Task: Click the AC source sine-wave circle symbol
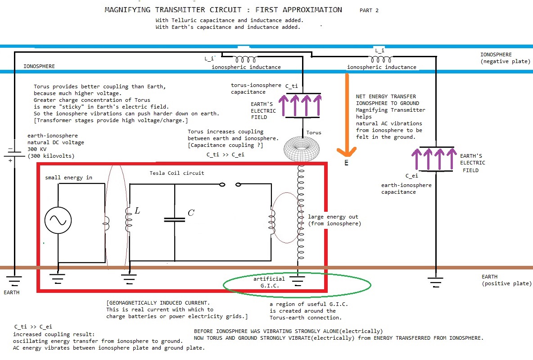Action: point(58,220)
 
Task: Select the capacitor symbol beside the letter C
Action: point(175,220)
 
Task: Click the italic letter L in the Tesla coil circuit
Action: point(137,210)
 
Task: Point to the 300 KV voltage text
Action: point(37,149)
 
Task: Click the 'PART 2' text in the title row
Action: point(369,10)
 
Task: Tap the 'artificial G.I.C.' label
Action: point(269,282)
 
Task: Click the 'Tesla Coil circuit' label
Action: point(177,173)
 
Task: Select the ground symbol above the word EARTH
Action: point(14,281)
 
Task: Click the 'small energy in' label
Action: point(69,177)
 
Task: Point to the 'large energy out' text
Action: point(333,217)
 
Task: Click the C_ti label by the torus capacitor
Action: point(292,86)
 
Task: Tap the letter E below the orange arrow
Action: point(346,163)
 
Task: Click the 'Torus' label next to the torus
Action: point(314,133)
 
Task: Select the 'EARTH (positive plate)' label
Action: point(506,280)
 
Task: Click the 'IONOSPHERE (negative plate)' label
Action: point(505,58)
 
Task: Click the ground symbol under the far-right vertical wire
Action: point(435,283)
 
